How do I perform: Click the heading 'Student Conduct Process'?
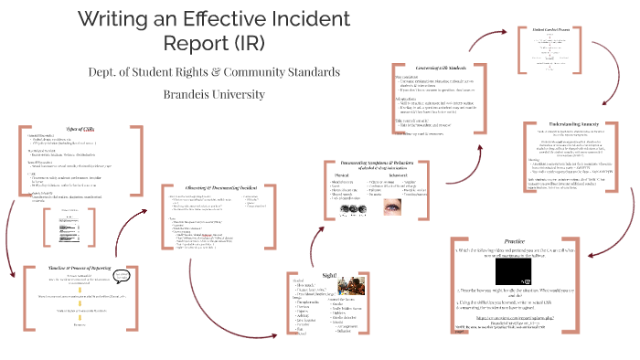[x=552, y=29]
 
